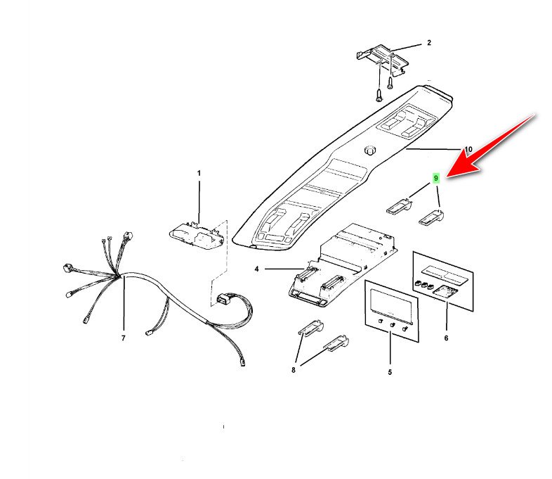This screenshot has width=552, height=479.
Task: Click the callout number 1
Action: [x=199, y=174]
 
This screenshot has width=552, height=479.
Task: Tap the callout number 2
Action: [x=429, y=43]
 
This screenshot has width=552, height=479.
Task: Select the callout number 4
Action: [x=256, y=269]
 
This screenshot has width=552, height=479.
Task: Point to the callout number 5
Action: [x=390, y=372]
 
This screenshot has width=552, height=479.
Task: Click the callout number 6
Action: [x=446, y=338]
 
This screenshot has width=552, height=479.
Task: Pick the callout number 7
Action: [x=123, y=338]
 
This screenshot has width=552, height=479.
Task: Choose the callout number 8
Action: [x=294, y=370]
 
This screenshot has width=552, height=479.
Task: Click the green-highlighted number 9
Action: [x=436, y=178]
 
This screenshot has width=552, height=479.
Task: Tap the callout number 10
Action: [x=468, y=149]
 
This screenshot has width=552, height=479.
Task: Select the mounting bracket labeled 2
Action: [x=383, y=60]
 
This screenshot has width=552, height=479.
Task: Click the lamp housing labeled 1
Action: [x=197, y=236]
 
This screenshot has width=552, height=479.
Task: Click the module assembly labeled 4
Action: [x=343, y=264]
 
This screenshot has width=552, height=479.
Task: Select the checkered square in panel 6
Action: [x=445, y=291]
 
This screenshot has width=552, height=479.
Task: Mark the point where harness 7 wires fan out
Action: [x=119, y=276]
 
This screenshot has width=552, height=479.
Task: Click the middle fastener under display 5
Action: [x=393, y=325]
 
